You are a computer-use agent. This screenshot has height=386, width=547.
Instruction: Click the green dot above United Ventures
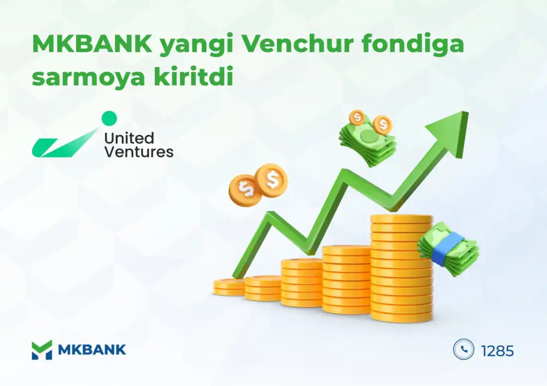(109, 118)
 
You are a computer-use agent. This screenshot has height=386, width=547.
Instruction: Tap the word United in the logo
(129, 138)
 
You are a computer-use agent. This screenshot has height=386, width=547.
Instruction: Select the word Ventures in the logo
(139, 152)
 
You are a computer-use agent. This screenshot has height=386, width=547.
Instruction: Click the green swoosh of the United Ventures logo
(65, 144)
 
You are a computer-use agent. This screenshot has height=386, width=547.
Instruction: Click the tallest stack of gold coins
(401, 268)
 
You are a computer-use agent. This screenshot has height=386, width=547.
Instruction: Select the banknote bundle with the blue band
(449, 248)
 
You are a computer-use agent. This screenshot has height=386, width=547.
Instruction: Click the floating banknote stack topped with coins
(368, 137)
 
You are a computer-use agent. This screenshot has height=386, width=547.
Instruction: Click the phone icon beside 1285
(463, 349)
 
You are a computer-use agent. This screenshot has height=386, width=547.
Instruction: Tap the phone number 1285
(497, 351)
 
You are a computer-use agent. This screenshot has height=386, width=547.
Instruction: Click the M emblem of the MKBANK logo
(42, 350)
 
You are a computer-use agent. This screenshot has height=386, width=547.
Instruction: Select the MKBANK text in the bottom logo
(92, 350)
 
